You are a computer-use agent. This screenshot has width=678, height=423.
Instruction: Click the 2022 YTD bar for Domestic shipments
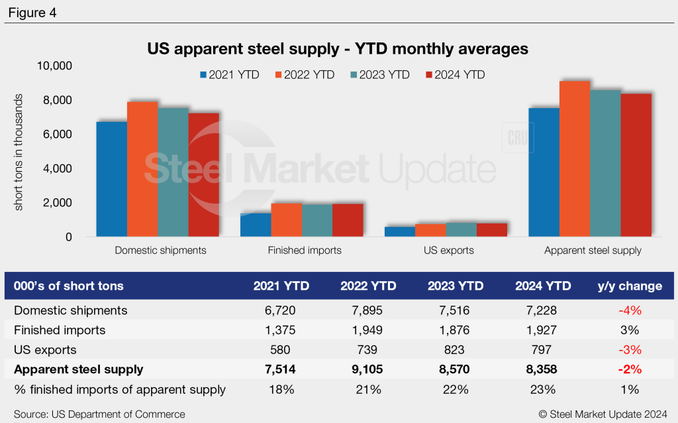click(x=142, y=169)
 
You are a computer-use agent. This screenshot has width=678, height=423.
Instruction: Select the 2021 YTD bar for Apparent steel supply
click(x=544, y=172)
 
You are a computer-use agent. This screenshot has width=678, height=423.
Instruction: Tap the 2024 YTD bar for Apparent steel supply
click(x=636, y=165)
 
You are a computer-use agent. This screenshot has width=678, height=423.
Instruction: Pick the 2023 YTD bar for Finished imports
click(x=316, y=220)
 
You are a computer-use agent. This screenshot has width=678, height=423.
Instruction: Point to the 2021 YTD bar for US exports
click(x=399, y=231)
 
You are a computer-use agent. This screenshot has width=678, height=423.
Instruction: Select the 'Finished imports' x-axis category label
click(x=305, y=251)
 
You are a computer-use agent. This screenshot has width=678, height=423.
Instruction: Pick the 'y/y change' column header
click(x=630, y=286)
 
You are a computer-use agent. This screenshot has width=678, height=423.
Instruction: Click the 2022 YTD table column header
click(x=368, y=286)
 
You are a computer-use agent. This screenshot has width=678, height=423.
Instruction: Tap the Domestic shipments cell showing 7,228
click(x=543, y=310)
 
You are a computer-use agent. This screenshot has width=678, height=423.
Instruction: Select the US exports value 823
click(x=456, y=349)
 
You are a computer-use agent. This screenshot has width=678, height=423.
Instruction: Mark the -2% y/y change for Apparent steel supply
click(x=630, y=369)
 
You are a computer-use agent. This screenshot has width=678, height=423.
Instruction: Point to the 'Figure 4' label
click(x=32, y=13)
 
